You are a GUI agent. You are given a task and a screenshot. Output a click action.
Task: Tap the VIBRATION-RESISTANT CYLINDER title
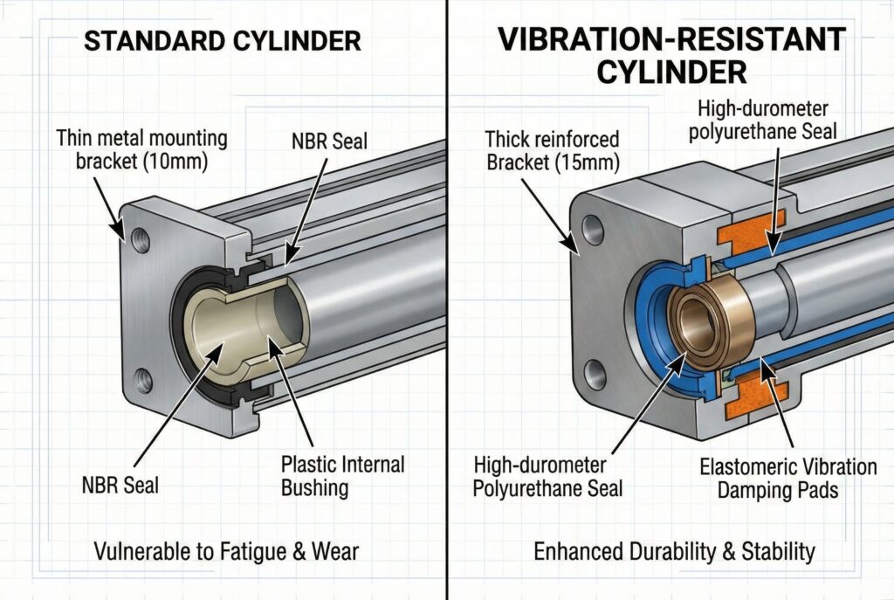670,54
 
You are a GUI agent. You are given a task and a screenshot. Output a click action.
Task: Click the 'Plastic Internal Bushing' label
342,475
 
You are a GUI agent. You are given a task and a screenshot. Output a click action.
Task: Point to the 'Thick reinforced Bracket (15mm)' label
552,150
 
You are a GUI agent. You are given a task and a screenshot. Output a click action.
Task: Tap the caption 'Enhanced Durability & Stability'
675,551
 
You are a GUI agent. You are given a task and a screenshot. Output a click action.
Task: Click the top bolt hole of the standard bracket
139,235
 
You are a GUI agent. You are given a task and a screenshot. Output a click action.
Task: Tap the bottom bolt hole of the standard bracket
143,380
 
